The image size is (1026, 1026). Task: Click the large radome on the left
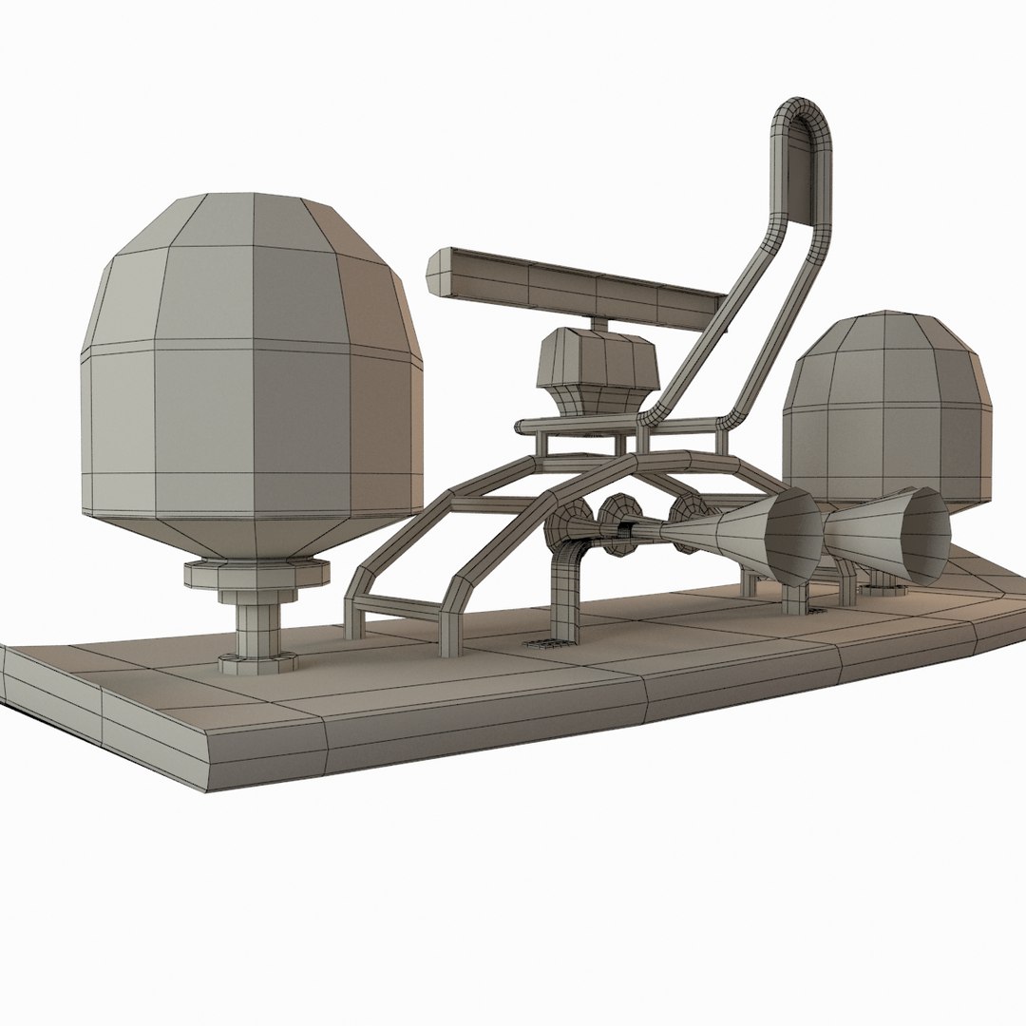coord(252,380)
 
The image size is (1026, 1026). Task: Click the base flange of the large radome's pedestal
coord(255,662)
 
